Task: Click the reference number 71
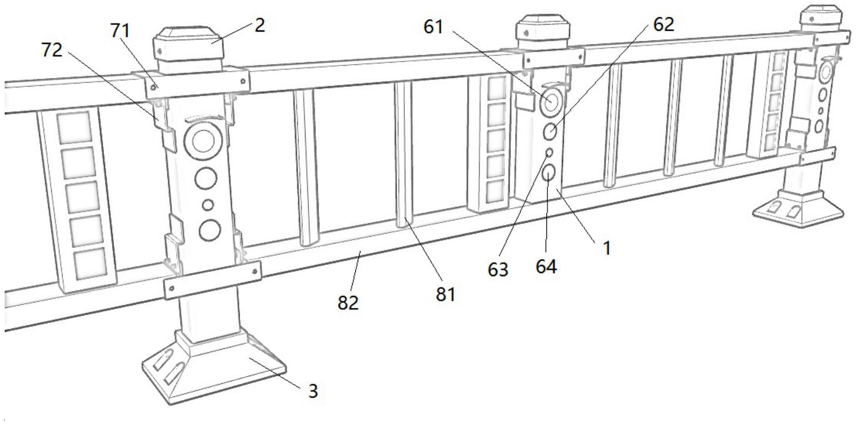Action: coord(120,31)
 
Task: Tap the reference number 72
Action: coord(52,50)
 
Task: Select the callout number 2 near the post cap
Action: coord(259,25)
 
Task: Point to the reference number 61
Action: coord(433,27)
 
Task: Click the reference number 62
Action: coord(663,24)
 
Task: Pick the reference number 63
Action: coord(497,269)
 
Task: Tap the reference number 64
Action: coord(546,267)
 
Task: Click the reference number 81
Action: coord(445,294)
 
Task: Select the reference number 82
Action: coord(348,303)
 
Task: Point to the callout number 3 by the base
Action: coord(313,391)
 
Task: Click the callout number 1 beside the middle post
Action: coord(606,248)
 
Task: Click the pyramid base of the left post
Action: coord(213,372)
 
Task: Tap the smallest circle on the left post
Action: coord(208,205)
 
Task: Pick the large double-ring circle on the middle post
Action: coord(551,102)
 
